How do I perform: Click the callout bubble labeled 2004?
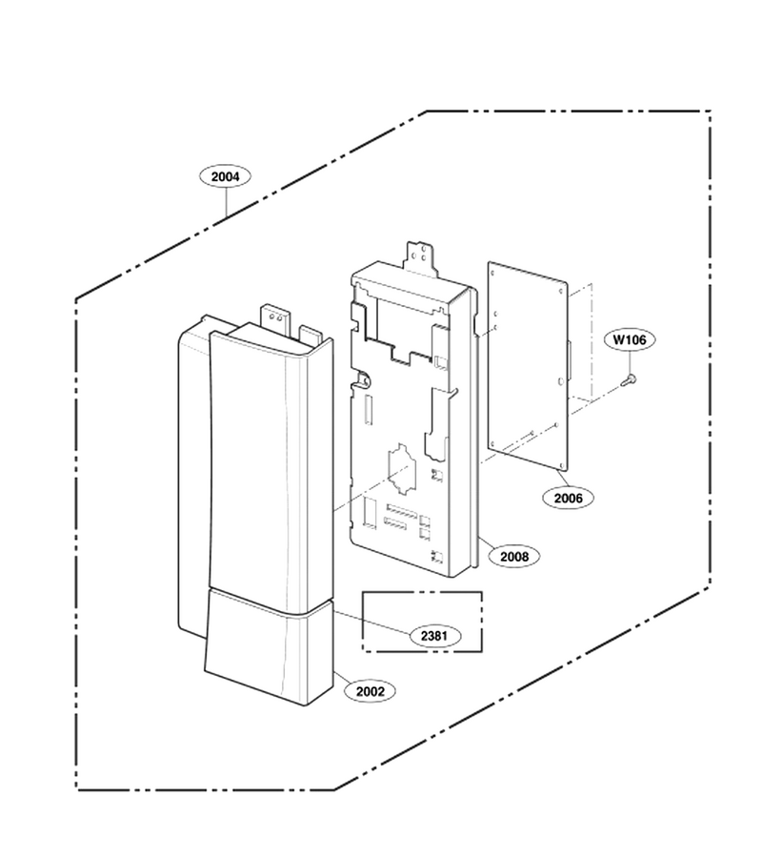(x=225, y=176)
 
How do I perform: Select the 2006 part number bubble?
(x=569, y=498)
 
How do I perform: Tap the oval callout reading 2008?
(x=514, y=557)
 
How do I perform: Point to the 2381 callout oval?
(x=435, y=636)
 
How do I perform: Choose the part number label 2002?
(x=371, y=691)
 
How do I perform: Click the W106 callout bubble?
(x=630, y=339)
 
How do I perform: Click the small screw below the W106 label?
(x=630, y=379)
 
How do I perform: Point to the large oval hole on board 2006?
(x=559, y=380)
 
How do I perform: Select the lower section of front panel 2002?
(x=269, y=646)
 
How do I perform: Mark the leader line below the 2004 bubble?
(x=226, y=204)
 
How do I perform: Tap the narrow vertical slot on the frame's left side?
(x=368, y=410)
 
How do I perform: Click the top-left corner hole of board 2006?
(x=492, y=271)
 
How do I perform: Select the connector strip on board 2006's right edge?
(x=569, y=359)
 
